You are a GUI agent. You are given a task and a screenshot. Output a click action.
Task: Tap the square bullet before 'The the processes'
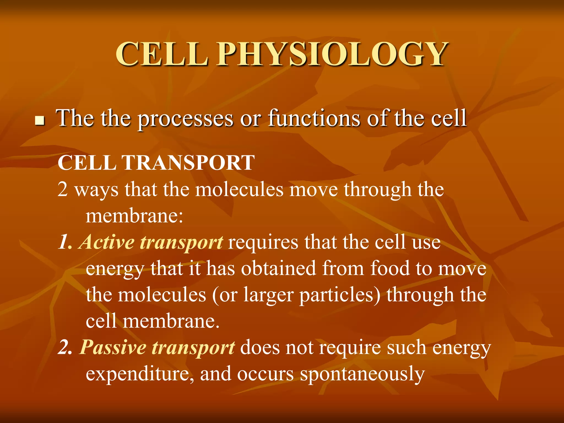pos(40,121)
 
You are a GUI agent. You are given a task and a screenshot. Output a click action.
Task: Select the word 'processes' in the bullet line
pos(185,119)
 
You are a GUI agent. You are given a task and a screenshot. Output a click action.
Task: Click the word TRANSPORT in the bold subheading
pos(188,163)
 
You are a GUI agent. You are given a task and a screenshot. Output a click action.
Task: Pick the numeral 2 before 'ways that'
pos(63,190)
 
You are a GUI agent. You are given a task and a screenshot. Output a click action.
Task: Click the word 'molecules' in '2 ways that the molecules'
pos(239,190)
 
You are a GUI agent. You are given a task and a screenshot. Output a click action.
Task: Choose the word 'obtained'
pos(278,269)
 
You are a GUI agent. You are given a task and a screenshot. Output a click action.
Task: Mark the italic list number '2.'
pos(65,348)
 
